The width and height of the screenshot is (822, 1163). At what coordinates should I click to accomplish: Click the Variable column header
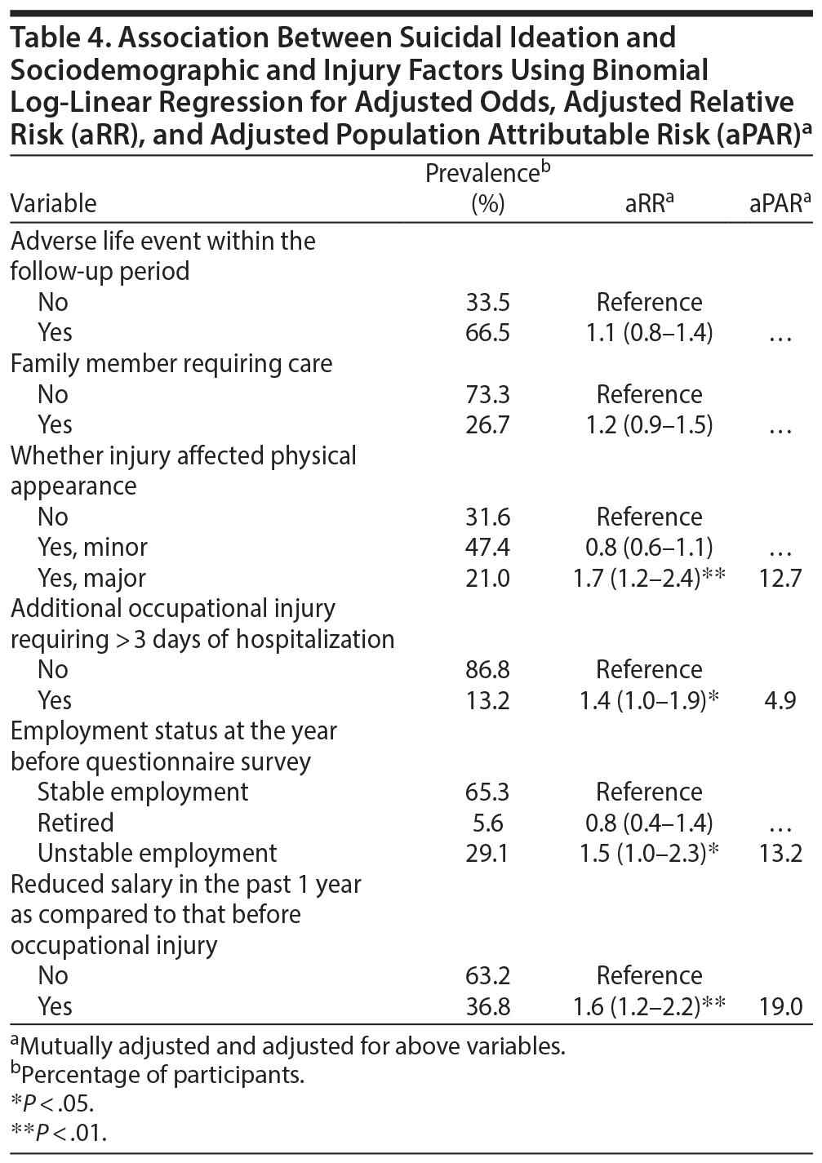[x=53, y=203]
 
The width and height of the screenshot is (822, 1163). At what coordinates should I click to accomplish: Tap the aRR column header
[x=648, y=203]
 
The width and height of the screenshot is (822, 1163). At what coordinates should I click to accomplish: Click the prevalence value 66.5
[x=487, y=333]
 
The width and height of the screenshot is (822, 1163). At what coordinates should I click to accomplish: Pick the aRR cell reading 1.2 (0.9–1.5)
[x=649, y=425]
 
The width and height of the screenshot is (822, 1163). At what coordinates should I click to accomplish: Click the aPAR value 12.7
[x=780, y=579]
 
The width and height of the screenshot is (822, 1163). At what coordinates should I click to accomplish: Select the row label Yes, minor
[x=92, y=548]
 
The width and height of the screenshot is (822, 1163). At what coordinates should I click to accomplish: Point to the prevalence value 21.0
[x=487, y=579]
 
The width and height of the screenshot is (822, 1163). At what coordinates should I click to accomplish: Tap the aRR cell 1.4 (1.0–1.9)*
[x=649, y=701]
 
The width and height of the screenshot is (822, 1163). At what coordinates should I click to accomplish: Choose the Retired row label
[x=75, y=823]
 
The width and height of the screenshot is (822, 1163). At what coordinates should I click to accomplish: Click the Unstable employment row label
[x=157, y=854]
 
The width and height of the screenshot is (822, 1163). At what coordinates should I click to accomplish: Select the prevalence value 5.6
[x=487, y=823]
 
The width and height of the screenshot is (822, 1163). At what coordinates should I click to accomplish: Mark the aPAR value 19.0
[x=780, y=1007]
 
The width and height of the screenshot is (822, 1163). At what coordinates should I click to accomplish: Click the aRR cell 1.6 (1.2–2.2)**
[x=649, y=1007]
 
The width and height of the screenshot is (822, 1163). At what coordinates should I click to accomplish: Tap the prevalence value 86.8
[x=487, y=670]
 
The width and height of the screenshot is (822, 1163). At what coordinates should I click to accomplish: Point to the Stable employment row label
[x=143, y=792]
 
